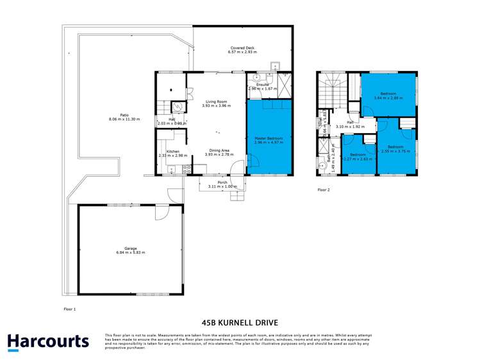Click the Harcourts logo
click(48, 341)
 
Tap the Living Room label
click(217, 102)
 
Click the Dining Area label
click(217, 151)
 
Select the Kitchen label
click(172, 151)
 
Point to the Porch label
click(222, 182)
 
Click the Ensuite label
click(262, 85)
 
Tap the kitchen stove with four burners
click(188, 170)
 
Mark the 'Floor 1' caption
click(70, 309)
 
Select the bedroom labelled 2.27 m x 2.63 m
click(358, 156)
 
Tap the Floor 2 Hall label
click(351, 123)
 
